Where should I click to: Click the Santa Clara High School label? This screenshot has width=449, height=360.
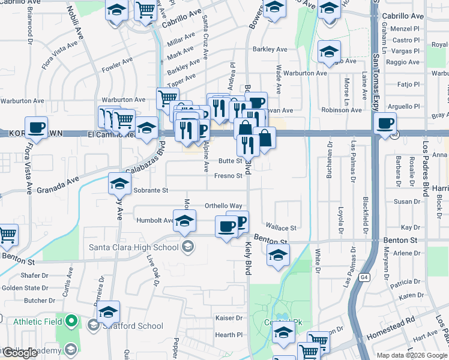(133, 247)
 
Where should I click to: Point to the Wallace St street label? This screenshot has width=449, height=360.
(282, 228)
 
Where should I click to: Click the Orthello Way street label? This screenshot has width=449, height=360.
(223, 205)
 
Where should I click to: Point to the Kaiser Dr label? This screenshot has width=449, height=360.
(229, 318)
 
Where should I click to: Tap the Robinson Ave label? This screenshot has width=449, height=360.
(342, 110)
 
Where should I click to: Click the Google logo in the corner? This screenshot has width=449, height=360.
(20, 353)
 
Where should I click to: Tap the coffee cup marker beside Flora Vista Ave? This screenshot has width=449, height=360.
(37, 127)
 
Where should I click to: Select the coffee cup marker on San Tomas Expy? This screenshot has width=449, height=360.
(384, 124)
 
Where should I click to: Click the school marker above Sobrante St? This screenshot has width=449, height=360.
(119, 183)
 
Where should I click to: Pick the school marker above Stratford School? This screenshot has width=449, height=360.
(108, 311)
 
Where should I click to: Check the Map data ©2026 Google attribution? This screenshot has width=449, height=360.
(412, 355)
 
